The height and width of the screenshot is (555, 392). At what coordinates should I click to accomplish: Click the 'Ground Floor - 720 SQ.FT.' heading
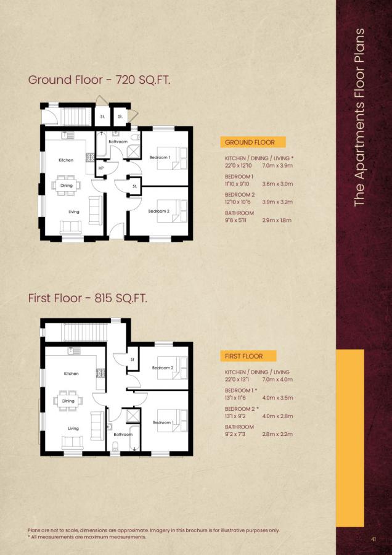[x=99, y=80]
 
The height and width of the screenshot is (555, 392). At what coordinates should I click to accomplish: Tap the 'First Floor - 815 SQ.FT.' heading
[x=88, y=298]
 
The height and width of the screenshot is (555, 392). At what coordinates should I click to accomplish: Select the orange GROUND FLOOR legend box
[x=251, y=142]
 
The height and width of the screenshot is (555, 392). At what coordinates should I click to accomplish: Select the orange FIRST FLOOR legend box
[x=248, y=356]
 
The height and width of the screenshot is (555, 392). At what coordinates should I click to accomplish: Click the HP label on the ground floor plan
[x=100, y=168]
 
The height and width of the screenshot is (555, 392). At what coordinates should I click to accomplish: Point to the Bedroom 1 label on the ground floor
[x=160, y=157]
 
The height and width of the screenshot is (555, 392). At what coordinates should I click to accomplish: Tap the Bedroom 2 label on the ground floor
[x=158, y=211]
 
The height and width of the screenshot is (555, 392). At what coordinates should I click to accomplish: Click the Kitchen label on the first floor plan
[x=71, y=374]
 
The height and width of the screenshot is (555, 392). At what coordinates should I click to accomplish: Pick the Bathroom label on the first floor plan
[x=123, y=434]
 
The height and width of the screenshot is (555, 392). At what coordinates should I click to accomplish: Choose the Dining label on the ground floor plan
[x=67, y=185]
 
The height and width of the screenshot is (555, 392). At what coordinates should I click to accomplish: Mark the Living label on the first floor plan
[x=73, y=428]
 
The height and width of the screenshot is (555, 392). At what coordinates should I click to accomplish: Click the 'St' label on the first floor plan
[x=131, y=359]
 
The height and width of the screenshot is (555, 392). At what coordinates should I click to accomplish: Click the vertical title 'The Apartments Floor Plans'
[x=361, y=117]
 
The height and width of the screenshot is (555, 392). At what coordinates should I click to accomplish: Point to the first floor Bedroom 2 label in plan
[x=163, y=368]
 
